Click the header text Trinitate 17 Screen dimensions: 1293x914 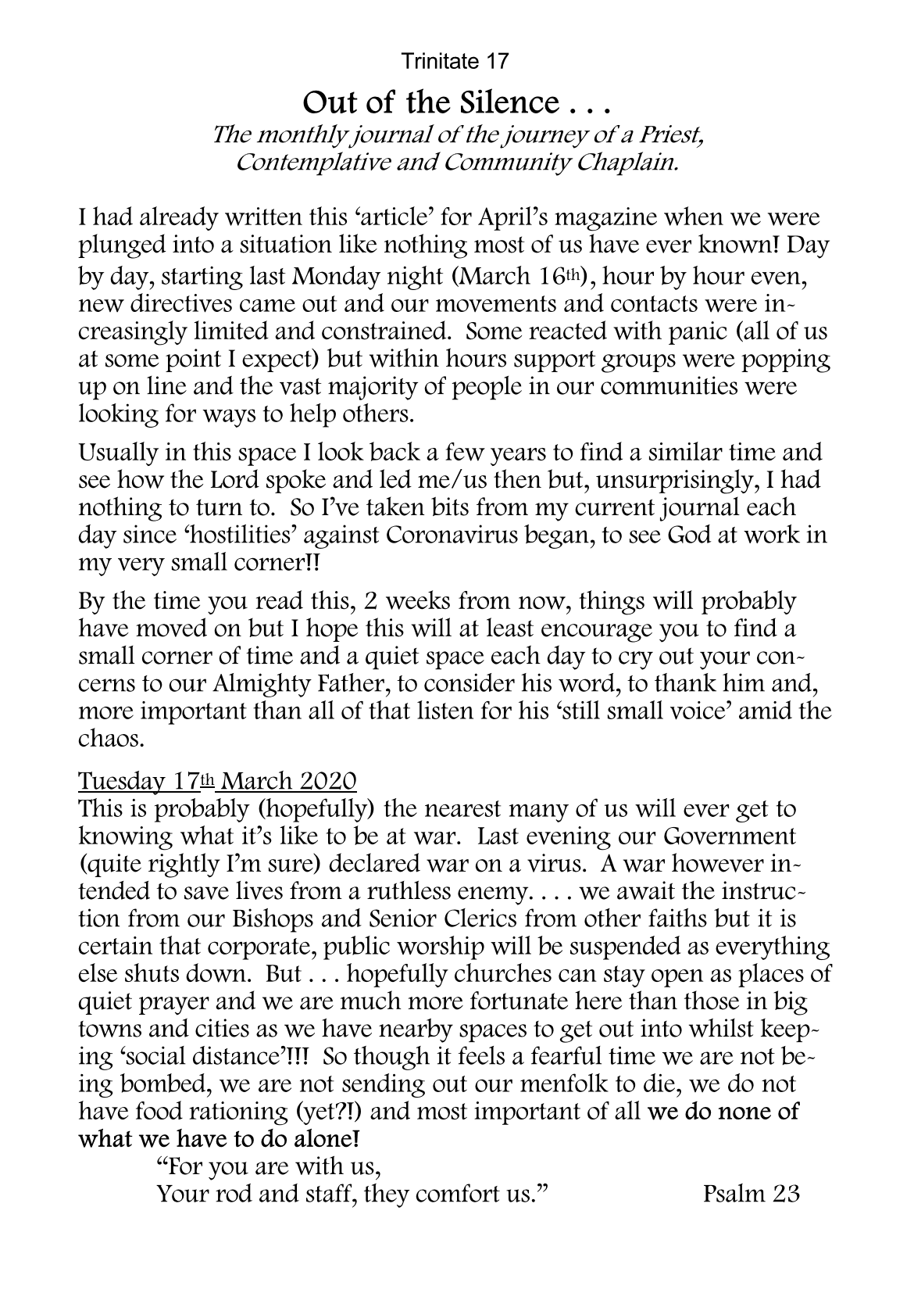(455, 59)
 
